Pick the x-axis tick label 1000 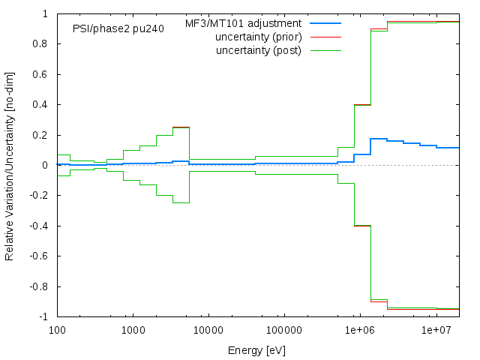(133, 330)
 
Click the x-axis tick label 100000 (284, 330)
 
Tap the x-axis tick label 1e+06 (360, 330)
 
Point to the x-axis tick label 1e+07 (436, 330)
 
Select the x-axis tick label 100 (57, 330)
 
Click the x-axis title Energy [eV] (256, 349)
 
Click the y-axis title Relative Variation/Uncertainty (10, 165)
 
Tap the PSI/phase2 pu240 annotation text (118, 29)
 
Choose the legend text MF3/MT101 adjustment (243, 24)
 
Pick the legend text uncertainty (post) (259, 51)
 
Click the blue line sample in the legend (325, 24)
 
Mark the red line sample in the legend (325, 37)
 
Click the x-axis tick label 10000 (208, 330)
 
